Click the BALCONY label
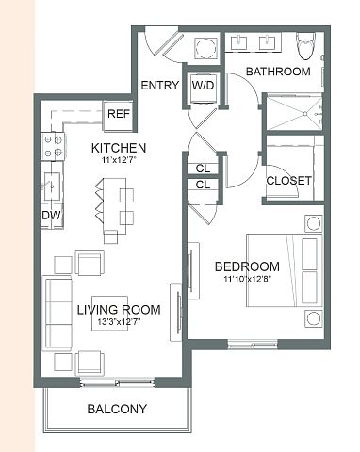117,409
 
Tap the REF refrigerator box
119,115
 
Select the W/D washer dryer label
203,85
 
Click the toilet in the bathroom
305,46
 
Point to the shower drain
304,114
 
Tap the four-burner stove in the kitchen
53,146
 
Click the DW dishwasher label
52,216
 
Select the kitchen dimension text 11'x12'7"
119,160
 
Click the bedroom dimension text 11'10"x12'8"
248,279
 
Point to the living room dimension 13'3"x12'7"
119,322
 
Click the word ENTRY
160,86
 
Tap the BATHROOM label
278,72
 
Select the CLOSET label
288,181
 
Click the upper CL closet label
203,169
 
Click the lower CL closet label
203,185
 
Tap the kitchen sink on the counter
52,186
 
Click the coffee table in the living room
109,313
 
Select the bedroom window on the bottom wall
253,345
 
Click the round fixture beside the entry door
206,48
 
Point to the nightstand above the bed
314,224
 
